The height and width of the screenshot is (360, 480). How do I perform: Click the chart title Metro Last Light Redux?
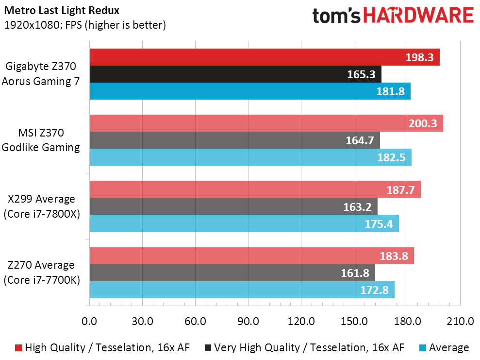61,10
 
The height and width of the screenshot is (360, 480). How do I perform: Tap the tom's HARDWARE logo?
393,16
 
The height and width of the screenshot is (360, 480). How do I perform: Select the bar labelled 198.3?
265,57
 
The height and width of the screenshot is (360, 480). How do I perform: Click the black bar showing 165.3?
235,74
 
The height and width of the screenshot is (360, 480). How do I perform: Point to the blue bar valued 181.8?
250,91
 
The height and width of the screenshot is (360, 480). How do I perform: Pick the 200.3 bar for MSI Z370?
266,123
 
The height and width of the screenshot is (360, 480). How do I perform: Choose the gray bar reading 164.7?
235,140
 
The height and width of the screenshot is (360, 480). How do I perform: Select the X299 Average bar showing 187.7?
255,189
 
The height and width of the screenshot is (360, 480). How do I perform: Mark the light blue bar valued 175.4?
244,223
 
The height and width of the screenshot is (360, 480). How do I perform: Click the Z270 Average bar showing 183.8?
251,256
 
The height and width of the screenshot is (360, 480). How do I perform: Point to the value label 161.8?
354,273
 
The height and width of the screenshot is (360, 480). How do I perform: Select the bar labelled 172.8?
242,290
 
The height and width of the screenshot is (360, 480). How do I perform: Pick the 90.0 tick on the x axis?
248,321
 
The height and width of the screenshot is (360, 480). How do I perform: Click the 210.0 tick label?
460,321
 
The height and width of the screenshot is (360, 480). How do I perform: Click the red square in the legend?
18,348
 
